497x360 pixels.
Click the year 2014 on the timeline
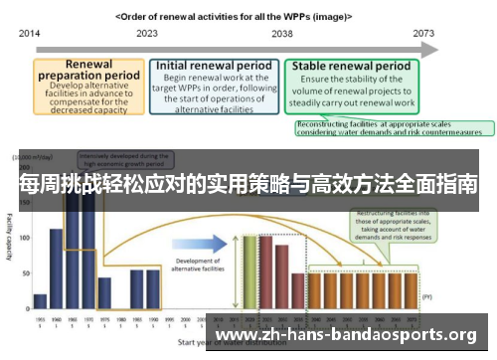point(29,33)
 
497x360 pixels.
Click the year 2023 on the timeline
point(147,33)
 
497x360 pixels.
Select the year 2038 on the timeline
point(281,33)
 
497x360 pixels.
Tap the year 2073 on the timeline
point(424,33)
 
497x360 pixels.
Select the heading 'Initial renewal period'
point(214,66)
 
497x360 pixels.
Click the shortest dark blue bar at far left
point(40,300)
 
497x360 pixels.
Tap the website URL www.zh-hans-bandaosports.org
point(346,335)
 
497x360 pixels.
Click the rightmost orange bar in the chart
point(411,288)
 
